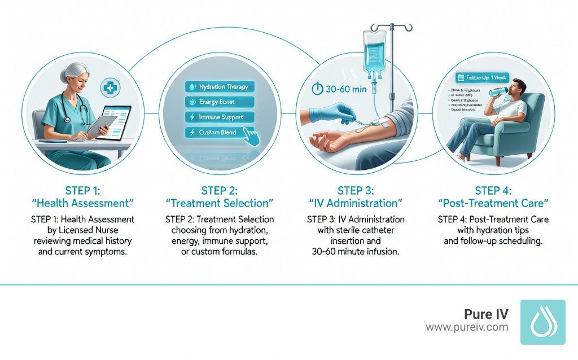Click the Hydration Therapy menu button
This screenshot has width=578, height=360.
[x=220, y=87]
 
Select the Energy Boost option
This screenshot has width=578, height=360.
[x=220, y=102]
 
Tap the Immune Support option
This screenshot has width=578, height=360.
[x=220, y=117]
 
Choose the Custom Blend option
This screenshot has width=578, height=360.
[x=217, y=132]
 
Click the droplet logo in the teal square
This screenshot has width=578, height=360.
[x=542, y=322]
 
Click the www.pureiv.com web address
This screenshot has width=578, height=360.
[x=467, y=327]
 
